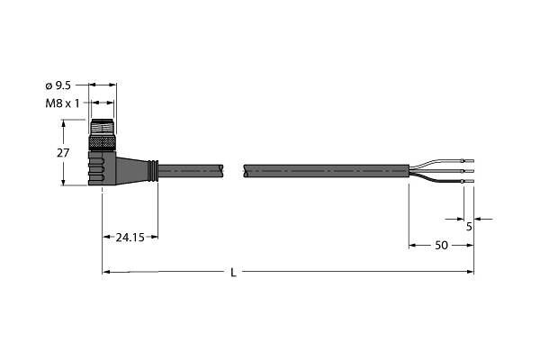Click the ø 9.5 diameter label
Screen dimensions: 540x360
[x=58, y=85]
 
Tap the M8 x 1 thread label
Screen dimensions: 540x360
[x=62, y=103]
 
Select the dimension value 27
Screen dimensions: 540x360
[x=63, y=153]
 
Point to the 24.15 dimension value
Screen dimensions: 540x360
[x=130, y=238]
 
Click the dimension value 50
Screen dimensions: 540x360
[x=441, y=246]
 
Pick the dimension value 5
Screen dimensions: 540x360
[x=469, y=227]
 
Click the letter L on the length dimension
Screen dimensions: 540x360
[x=233, y=273]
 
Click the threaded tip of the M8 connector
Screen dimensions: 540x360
[x=102, y=128]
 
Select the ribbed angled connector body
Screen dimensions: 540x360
[x=102, y=167]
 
